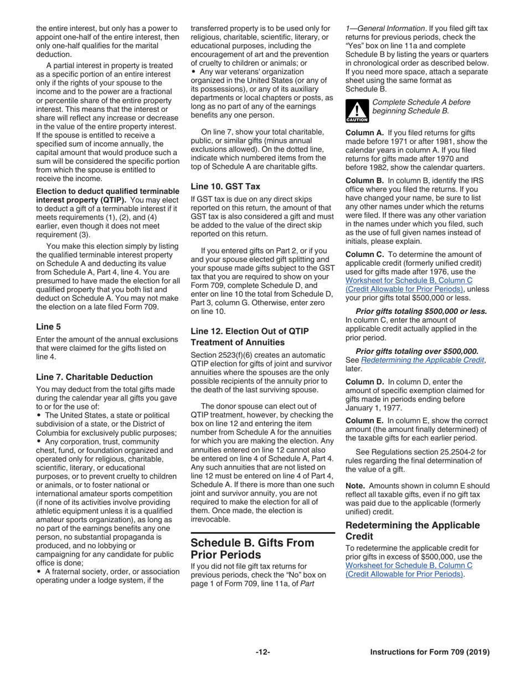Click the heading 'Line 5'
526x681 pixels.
(48, 327)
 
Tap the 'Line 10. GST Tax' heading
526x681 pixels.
(225, 187)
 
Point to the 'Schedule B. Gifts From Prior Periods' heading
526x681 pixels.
(252, 548)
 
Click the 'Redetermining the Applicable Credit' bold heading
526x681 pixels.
(412, 530)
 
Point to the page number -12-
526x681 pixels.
(262, 652)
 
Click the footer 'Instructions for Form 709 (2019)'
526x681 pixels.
(430, 652)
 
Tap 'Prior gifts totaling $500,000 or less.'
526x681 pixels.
(421, 311)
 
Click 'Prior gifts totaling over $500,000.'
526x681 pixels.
(416, 351)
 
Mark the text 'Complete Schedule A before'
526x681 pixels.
(421, 102)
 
